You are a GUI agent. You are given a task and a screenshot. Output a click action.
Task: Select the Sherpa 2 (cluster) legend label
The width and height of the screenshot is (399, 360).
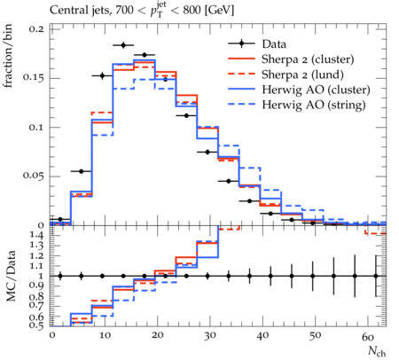(308, 59)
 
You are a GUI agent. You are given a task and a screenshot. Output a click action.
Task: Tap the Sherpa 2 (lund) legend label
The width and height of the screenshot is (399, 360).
(302, 74)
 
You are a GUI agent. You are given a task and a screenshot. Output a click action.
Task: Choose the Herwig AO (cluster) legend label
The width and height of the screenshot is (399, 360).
(316, 90)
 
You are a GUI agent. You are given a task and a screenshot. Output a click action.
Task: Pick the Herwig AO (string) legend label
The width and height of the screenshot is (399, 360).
(314, 105)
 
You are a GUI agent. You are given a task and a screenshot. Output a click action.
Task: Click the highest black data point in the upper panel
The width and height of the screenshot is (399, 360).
(123, 45)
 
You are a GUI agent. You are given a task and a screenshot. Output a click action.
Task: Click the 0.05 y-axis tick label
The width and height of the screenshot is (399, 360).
(34, 176)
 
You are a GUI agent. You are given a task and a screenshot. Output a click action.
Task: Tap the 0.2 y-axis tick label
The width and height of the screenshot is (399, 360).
(36, 29)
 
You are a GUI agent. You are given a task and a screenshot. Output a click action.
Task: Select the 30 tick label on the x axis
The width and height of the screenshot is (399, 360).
(209, 336)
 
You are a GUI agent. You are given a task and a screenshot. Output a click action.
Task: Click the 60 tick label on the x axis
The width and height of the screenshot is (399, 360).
(367, 336)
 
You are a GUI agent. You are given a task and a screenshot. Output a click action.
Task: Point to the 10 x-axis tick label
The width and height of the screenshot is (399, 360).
(105, 336)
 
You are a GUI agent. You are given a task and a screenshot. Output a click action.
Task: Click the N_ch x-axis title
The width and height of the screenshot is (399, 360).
(377, 351)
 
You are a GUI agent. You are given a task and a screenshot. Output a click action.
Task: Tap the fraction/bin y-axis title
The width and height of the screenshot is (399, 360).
(8, 56)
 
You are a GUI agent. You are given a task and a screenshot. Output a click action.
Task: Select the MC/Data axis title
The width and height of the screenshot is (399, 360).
(11, 276)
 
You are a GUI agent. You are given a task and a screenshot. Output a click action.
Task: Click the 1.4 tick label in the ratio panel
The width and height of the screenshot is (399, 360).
(37, 235)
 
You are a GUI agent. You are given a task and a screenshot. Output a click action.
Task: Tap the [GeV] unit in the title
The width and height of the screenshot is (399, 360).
(219, 11)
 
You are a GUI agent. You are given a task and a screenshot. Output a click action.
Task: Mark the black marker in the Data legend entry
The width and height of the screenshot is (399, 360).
(242, 43)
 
